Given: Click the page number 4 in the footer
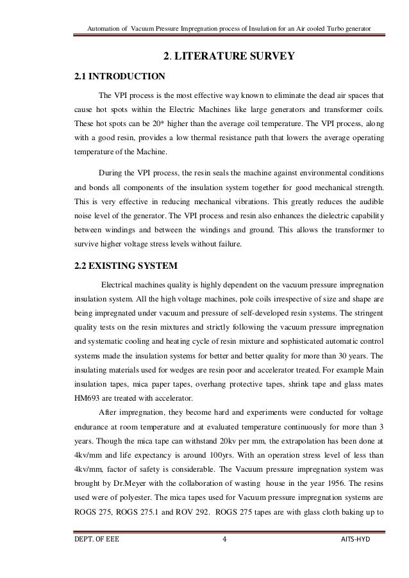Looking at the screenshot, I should coord(224,556).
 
